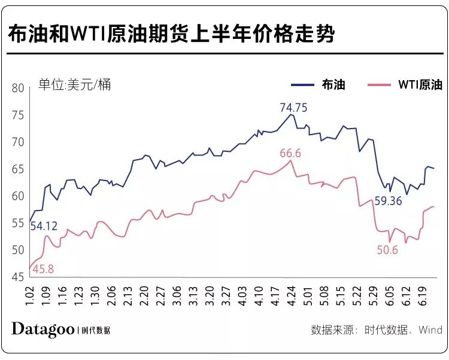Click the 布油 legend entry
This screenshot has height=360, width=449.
333,84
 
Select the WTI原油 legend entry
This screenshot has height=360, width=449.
420,84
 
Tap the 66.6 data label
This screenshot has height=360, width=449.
290,153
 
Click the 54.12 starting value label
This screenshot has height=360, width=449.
45,225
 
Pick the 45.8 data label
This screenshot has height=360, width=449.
43,269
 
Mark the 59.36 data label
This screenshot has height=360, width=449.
388,202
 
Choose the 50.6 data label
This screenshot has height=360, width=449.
387,250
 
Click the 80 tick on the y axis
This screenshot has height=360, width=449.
18,88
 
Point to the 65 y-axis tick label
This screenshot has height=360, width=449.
18,169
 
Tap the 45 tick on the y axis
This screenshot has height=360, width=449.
18,277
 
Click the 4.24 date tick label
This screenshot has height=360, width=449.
291,296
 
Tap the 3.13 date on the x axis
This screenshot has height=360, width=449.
193,296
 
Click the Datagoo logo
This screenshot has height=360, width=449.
43,328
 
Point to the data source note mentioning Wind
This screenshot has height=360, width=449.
377,330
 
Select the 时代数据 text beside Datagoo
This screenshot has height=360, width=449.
96,330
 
